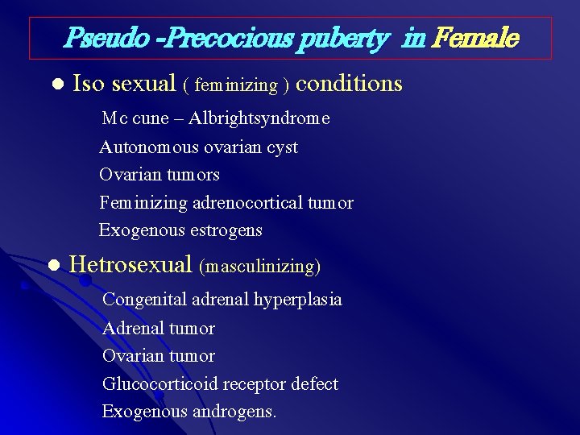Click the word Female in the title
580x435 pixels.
click(476, 37)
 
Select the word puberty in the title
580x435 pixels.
click(339, 37)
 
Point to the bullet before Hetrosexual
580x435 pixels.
click(54, 265)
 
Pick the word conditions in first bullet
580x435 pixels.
click(350, 84)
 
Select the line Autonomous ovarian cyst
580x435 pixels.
click(198, 147)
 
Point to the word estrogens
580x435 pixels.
click(226, 230)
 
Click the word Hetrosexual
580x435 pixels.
click(130, 264)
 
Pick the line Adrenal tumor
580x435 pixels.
click(159, 329)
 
